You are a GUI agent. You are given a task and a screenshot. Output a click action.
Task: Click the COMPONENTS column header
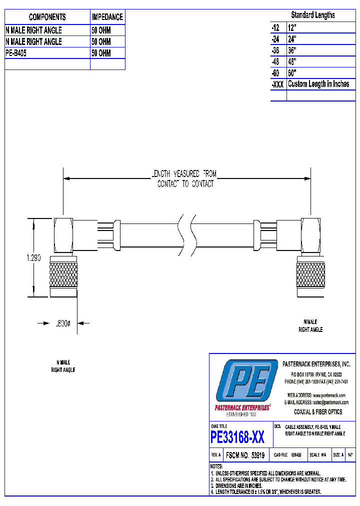(47, 17)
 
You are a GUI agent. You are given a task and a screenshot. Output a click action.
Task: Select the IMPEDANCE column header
(107, 17)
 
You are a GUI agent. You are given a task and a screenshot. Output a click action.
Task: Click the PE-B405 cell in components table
(16, 53)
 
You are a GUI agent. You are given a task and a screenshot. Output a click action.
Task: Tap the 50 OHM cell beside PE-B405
(101, 53)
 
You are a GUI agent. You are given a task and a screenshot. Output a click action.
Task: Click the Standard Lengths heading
(313, 15)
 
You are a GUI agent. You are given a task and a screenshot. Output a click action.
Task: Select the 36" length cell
(292, 50)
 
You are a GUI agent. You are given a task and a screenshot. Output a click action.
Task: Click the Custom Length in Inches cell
(318, 84)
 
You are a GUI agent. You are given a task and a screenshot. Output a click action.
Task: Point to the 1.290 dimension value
(33, 258)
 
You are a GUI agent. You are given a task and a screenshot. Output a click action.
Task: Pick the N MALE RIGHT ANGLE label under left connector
(63, 366)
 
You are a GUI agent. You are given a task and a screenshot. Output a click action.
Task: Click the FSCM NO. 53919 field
(245, 455)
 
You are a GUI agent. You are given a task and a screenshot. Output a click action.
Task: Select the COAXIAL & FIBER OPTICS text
(317, 412)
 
